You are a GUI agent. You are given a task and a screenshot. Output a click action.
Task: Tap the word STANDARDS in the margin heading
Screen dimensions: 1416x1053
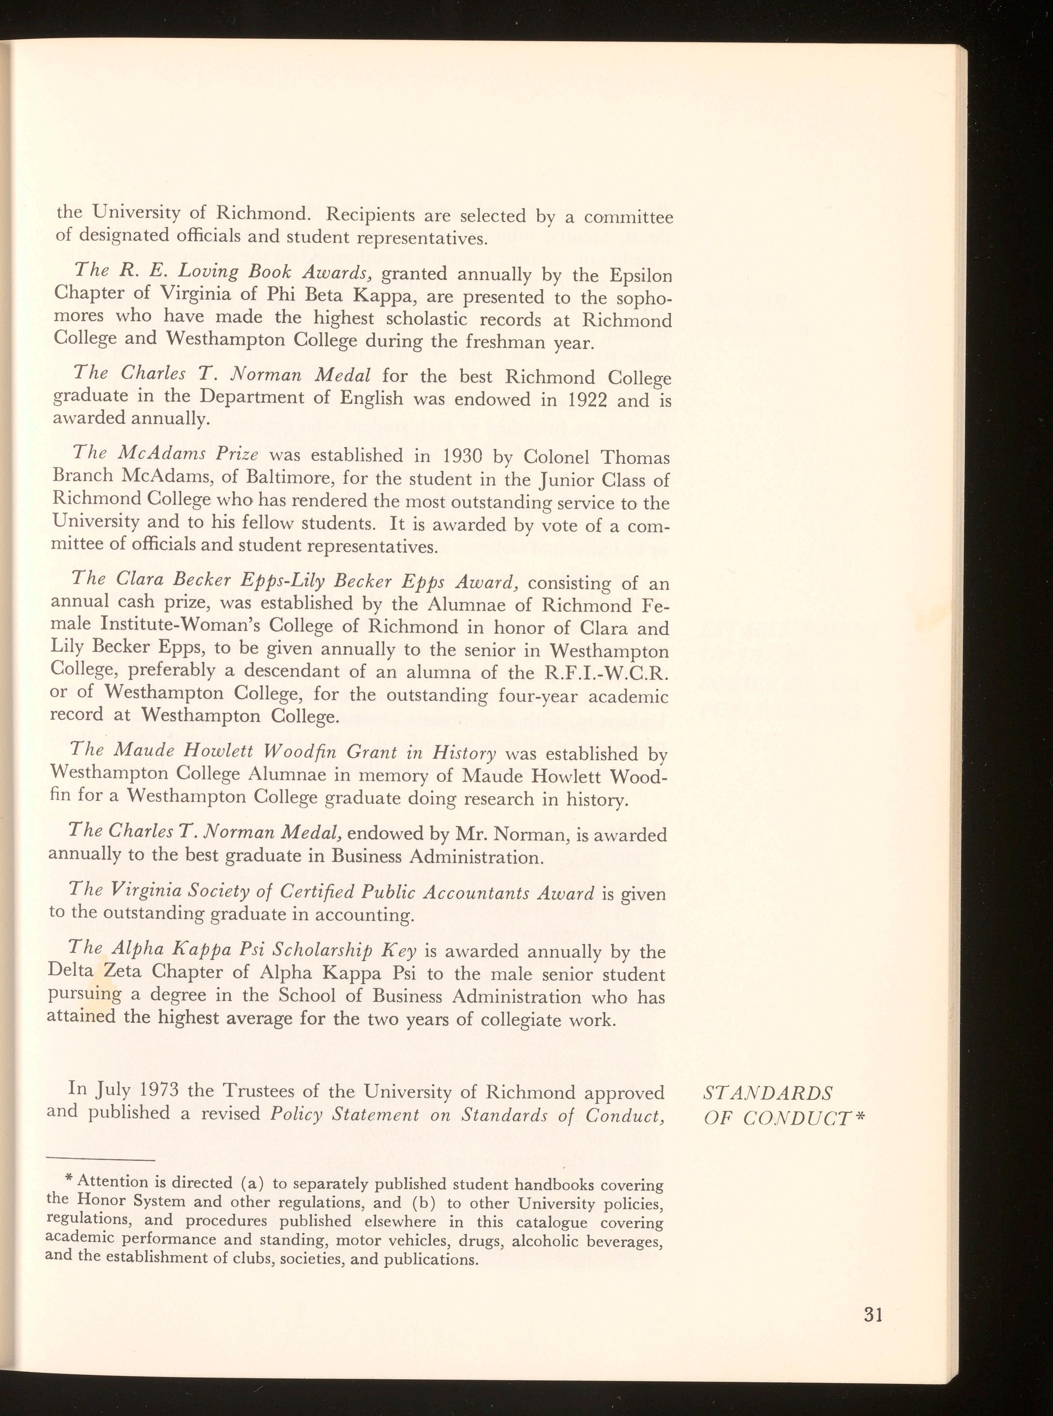(x=767, y=1094)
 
